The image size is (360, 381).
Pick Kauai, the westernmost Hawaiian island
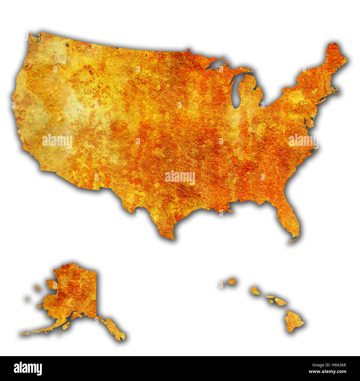pos(232,282)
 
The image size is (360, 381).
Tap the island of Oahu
pos(255,291)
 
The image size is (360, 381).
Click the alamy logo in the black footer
pos(28,369)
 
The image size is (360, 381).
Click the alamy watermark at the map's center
pos(180,177)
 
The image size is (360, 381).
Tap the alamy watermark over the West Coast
pos(57,141)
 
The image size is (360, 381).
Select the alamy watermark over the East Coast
pos(303,141)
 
